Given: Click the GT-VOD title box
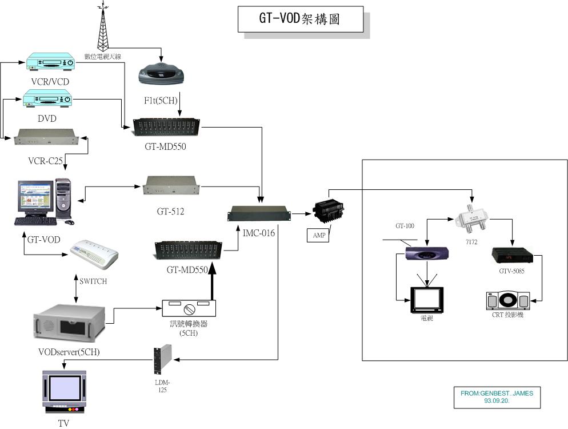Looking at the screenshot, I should [300, 19].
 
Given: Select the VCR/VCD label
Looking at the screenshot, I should [50, 82].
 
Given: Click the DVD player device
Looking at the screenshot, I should [49, 98].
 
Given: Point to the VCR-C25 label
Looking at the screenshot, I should [45, 161].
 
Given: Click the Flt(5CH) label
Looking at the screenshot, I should [162, 101].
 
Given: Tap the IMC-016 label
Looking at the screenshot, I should [256, 234].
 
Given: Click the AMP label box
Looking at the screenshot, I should [318, 235].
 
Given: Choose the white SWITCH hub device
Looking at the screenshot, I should [94, 256].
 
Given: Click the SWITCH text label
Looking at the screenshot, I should [93, 281].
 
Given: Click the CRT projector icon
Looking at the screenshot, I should [507, 300].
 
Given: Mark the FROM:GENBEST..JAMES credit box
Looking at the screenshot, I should [497, 398].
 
